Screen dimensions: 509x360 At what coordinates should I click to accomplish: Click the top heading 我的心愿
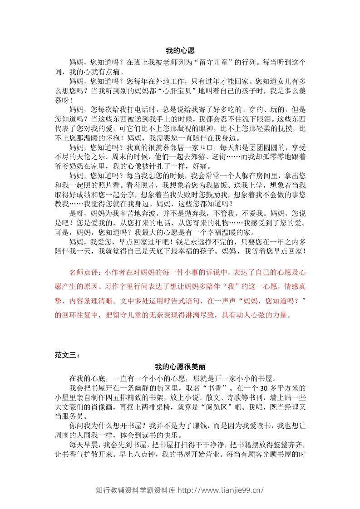180,52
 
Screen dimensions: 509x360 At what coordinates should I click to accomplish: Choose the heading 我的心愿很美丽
180,367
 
